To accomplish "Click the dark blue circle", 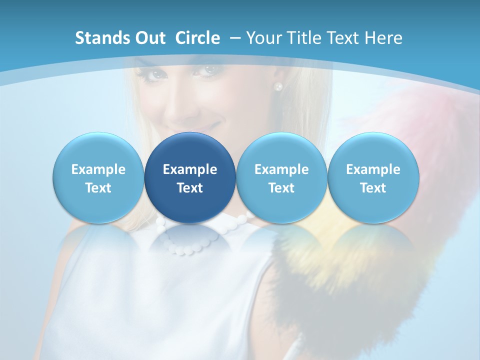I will coord(190,177).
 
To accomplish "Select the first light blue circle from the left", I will coord(98,177).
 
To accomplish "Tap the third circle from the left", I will coord(281,177).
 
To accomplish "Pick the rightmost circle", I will coord(373,177).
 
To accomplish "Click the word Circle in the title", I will coord(197,38).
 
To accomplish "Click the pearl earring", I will coord(278,86).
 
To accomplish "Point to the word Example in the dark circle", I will coord(190,169).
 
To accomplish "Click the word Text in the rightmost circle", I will coord(373,188).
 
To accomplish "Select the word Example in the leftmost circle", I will coord(98,169).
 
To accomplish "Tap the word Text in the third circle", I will coord(281,188).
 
